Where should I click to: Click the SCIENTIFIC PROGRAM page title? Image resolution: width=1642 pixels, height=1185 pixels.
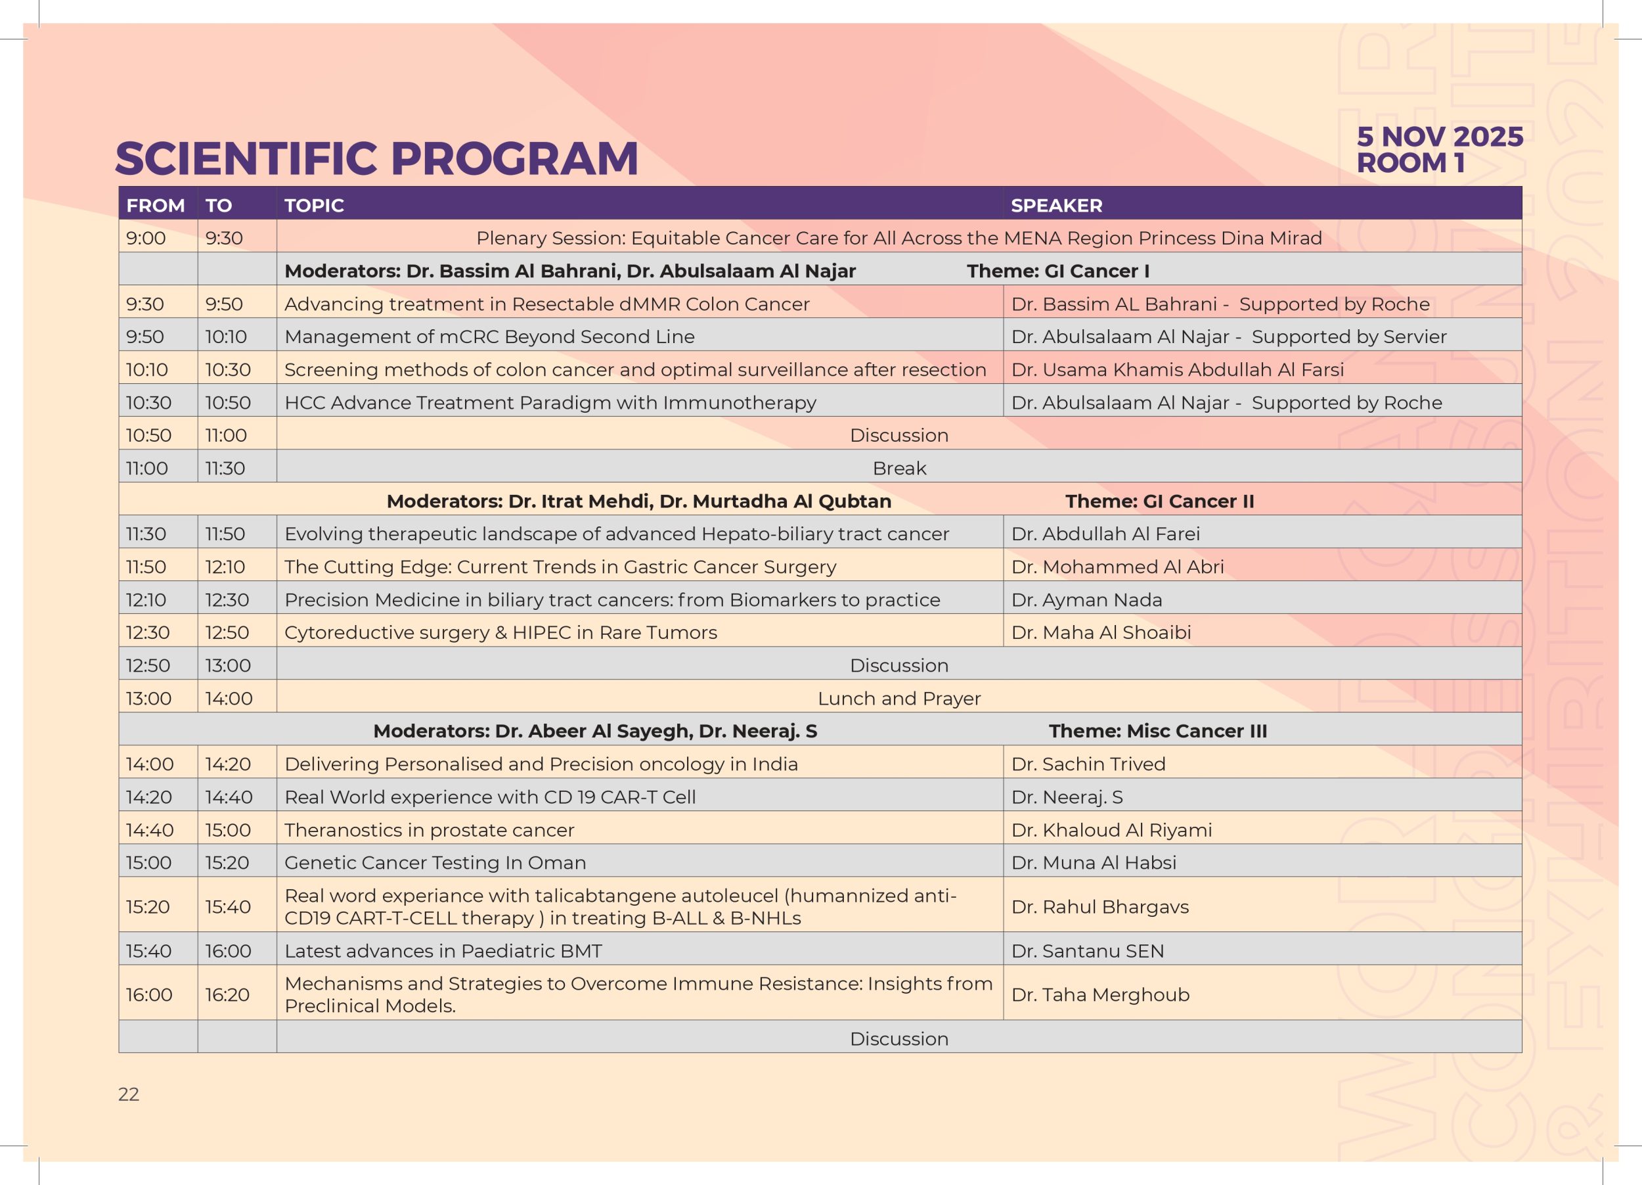pos(376,158)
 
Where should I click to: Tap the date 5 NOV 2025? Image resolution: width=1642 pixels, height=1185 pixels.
pos(1439,136)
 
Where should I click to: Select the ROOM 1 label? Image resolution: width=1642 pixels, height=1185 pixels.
pos(1410,163)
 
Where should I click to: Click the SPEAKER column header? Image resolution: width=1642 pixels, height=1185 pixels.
pos(1056,206)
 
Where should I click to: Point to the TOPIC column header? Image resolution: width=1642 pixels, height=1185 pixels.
pos(313,206)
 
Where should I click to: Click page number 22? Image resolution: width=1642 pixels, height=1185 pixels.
pos(128,1094)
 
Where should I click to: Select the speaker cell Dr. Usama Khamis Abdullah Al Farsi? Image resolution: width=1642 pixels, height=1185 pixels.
pos(1177,369)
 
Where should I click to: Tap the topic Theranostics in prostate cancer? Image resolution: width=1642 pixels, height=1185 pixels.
pos(430,830)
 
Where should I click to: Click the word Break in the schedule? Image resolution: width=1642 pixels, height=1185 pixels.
pos(899,469)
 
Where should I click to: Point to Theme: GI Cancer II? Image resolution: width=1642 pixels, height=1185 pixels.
pos(1160,501)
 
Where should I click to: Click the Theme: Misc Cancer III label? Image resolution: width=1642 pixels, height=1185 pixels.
pos(1158,731)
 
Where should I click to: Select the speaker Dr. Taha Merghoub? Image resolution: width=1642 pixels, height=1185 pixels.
pos(1100,994)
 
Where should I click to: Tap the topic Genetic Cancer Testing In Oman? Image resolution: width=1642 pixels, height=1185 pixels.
pos(435,863)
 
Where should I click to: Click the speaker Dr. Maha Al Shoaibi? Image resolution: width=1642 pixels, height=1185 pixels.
pos(1101,632)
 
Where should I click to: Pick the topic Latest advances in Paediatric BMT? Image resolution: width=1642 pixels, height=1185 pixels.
pos(443,951)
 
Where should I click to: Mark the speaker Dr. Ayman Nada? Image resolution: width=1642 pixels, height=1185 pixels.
pos(1087,600)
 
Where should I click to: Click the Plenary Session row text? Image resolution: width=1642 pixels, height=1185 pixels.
pos(899,239)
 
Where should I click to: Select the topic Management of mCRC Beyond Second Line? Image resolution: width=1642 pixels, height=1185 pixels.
pos(489,337)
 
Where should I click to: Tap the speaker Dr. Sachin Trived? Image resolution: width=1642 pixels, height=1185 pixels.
pos(1088,764)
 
